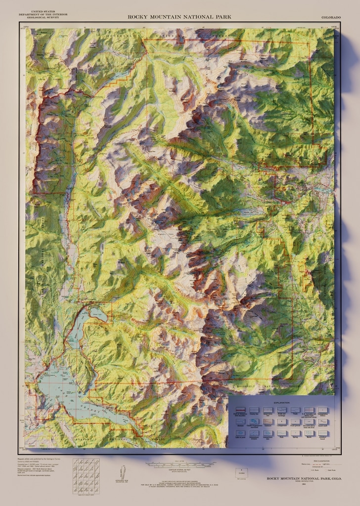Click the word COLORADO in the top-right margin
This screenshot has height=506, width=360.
(x=331, y=17)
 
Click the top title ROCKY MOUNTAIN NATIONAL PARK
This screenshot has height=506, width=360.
(x=180, y=17)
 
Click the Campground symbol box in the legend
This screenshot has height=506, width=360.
(x=282, y=422)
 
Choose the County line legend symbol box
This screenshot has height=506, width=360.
(x=254, y=410)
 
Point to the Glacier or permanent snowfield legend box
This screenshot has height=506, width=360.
(x=254, y=422)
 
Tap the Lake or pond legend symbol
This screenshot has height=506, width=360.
(x=240, y=433)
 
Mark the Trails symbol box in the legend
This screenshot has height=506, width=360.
(x=296, y=410)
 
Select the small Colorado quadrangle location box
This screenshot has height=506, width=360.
(x=242, y=473)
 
